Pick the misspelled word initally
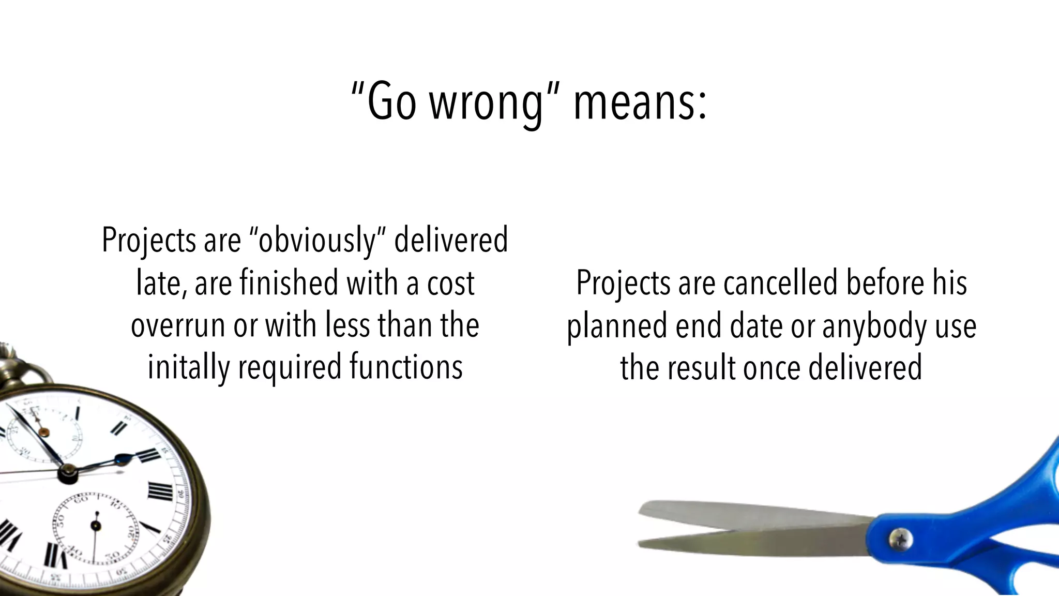point(189,367)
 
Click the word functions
point(406,367)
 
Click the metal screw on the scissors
point(900,539)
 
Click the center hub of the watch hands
point(68,472)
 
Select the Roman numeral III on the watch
point(160,490)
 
